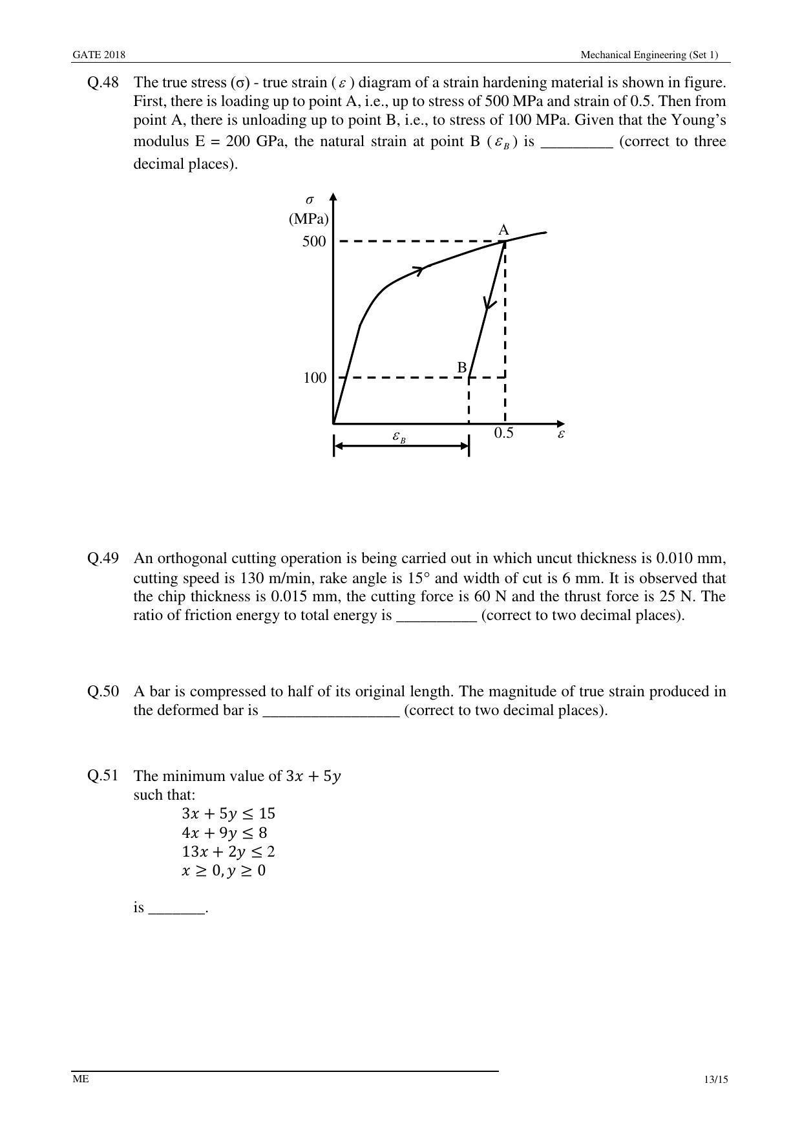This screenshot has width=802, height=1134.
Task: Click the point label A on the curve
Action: coord(503,230)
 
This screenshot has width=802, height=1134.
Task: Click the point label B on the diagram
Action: coord(462,368)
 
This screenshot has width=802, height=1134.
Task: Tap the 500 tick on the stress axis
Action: coord(314,242)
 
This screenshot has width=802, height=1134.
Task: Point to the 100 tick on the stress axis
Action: coord(315,378)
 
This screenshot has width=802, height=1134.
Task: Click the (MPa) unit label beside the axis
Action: coord(308,219)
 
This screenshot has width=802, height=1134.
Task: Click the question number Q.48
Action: coord(103,83)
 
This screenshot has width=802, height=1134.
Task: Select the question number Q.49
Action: coord(103,559)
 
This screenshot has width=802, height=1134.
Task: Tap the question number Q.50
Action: coord(103,692)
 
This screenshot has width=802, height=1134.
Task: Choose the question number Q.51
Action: coord(103,776)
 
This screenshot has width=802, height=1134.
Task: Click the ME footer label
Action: coord(80,1078)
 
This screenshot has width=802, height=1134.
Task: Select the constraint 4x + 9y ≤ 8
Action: coord(224,833)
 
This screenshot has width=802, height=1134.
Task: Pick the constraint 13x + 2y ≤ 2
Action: coord(228,851)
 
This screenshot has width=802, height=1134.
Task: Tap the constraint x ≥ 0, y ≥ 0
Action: coord(224,870)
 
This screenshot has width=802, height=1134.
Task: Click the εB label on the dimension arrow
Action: coord(399,437)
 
